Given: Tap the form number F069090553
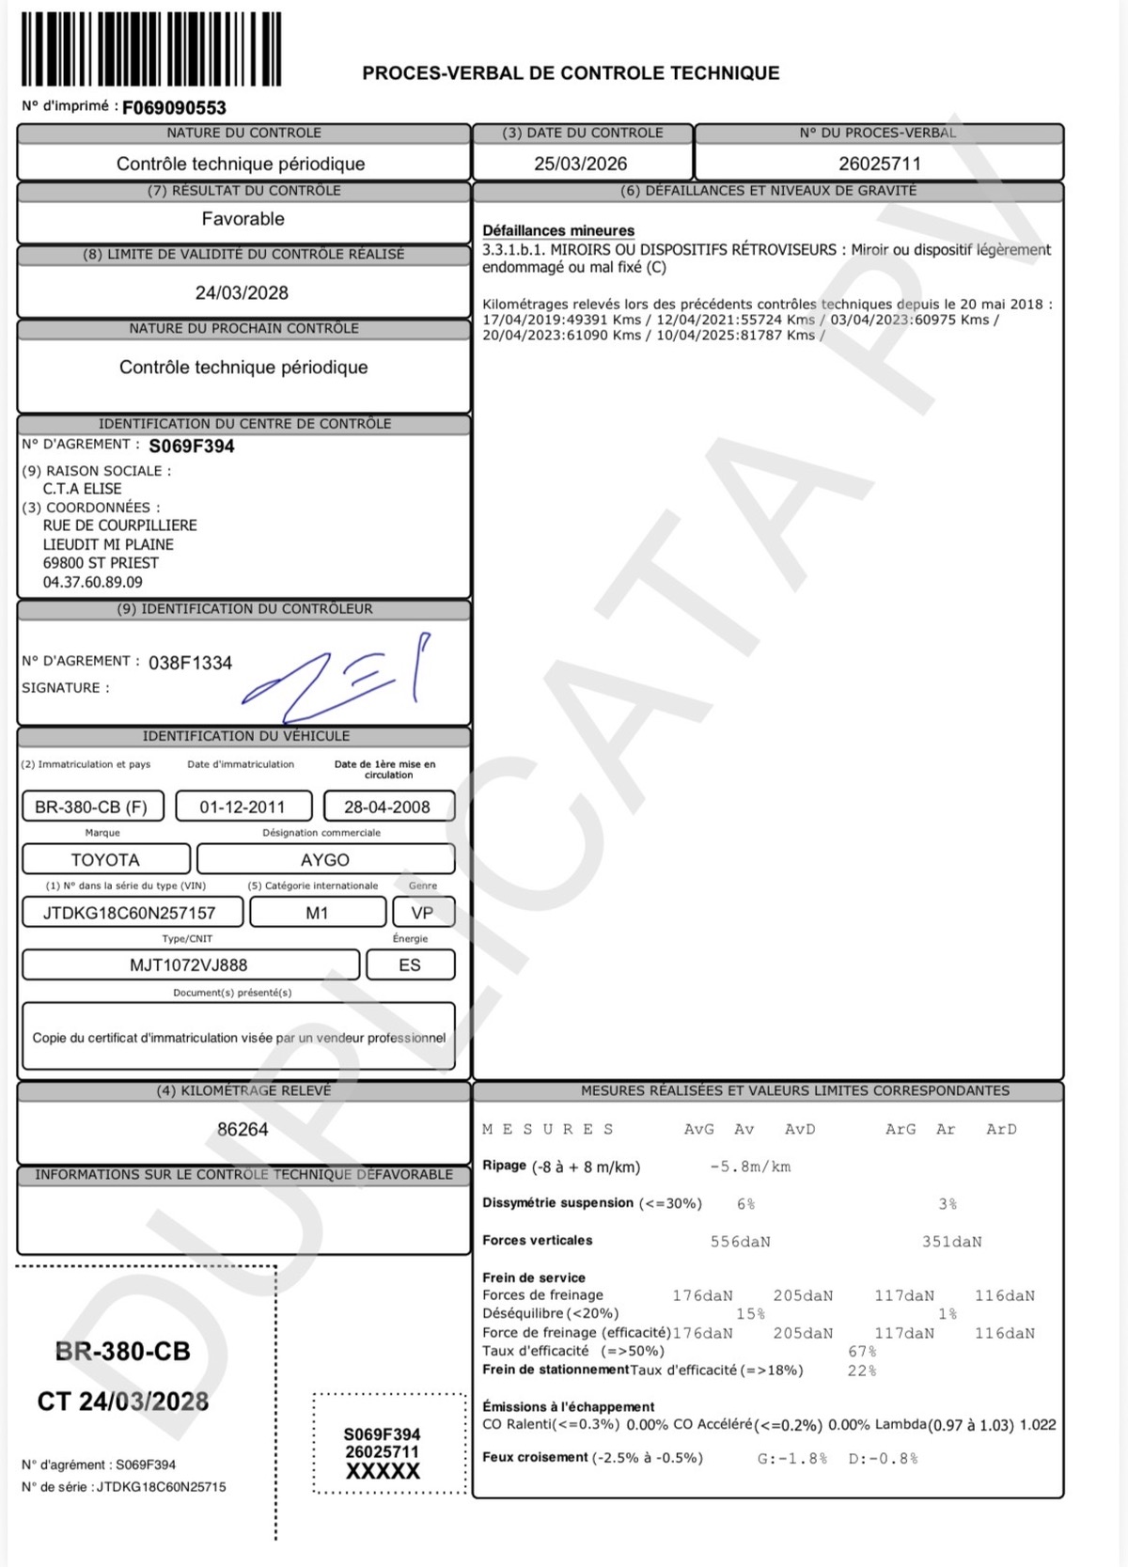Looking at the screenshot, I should tap(174, 108).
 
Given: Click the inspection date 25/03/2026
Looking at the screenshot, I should tap(580, 164).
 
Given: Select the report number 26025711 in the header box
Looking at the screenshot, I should tap(879, 164).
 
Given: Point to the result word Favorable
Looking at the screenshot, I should tap(243, 219).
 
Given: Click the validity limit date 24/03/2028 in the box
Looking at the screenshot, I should tap(242, 293).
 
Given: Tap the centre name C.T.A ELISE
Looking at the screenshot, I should tap(82, 489).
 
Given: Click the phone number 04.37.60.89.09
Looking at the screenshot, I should tap(93, 583).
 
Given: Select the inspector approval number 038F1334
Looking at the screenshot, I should tap(190, 664).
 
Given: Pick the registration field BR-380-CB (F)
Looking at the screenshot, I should tap(91, 807).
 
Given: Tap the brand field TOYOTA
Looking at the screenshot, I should tap(105, 860).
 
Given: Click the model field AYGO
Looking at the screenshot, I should tap(325, 860).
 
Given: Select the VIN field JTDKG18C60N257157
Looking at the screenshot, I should tap(130, 913).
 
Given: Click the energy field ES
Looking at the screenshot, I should tap(410, 965).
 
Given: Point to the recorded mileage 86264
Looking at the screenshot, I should tap(243, 1130).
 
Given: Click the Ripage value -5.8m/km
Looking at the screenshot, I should tap(750, 1167).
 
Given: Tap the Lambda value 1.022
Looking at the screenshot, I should tap(1038, 1425).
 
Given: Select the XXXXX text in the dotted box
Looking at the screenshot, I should tap(382, 1472).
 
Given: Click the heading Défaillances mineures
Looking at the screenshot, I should tap(558, 231).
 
